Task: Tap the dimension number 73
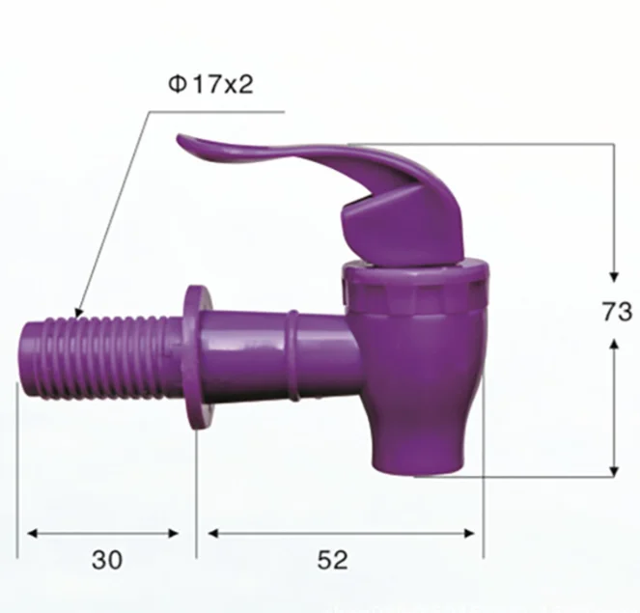(615, 312)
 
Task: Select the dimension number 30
(107, 560)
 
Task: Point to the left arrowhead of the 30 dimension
(29, 532)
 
